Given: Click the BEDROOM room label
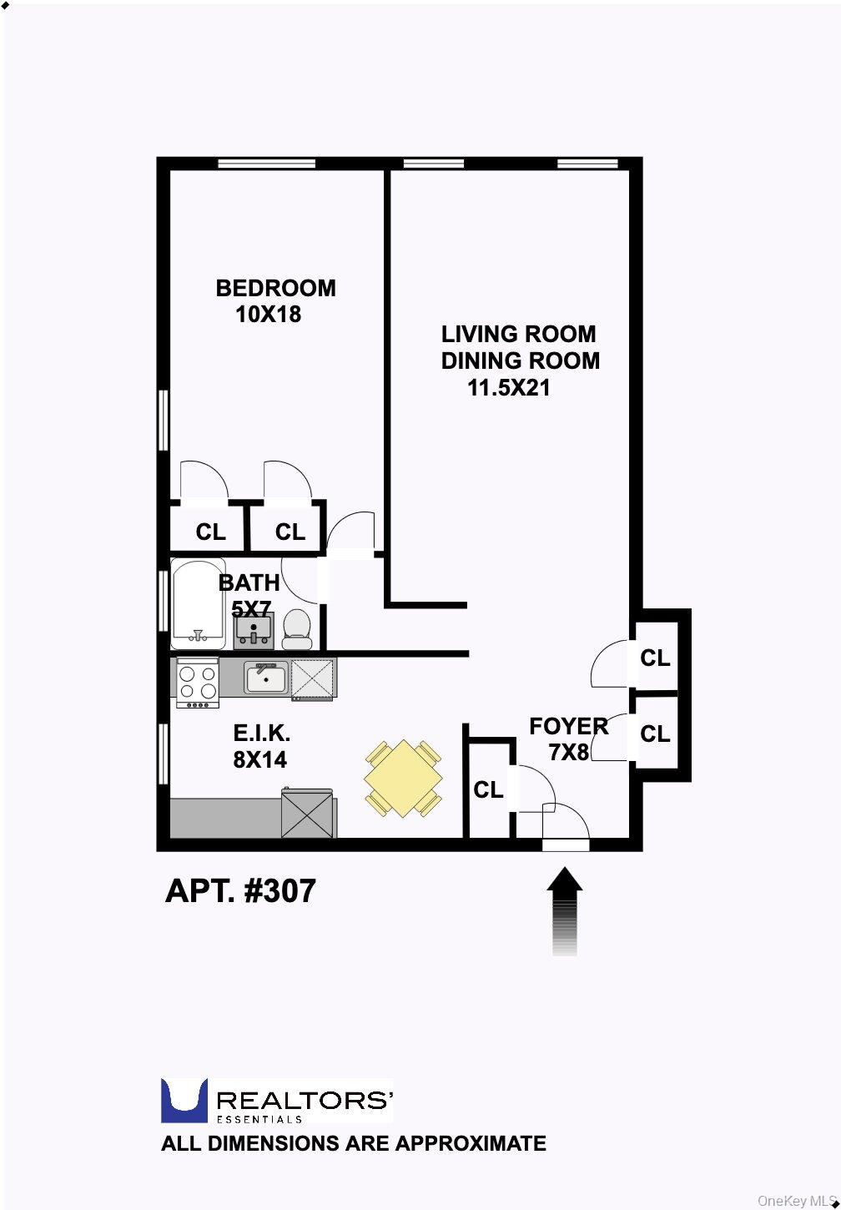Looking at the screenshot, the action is click(x=275, y=288).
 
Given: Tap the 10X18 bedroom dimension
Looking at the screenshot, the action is click(x=268, y=314).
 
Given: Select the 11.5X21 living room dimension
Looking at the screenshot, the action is click(x=508, y=387).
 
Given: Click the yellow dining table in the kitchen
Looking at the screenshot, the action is click(x=404, y=779).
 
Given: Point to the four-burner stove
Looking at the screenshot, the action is click(x=198, y=683).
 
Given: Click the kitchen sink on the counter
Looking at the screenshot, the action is click(x=266, y=678).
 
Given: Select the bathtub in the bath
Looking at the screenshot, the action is click(x=199, y=603).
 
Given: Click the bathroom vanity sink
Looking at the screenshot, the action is click(x=254, y=631).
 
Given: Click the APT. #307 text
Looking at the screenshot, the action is click(x=240, y=890).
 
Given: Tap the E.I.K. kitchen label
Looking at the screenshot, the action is click(x=261, y=733).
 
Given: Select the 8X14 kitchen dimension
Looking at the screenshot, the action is click(x=259, y=760).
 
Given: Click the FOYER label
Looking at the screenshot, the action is click(x=568, y=727).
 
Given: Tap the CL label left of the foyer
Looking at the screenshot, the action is click(x=488, y=789).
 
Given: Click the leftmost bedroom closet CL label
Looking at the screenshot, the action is click(x=210, y=532).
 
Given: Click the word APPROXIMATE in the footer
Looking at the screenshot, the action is click(x=471, y=1143).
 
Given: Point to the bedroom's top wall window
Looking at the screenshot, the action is click(x=267, y=163).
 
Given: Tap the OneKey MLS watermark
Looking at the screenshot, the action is click(x=798, y=1201).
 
